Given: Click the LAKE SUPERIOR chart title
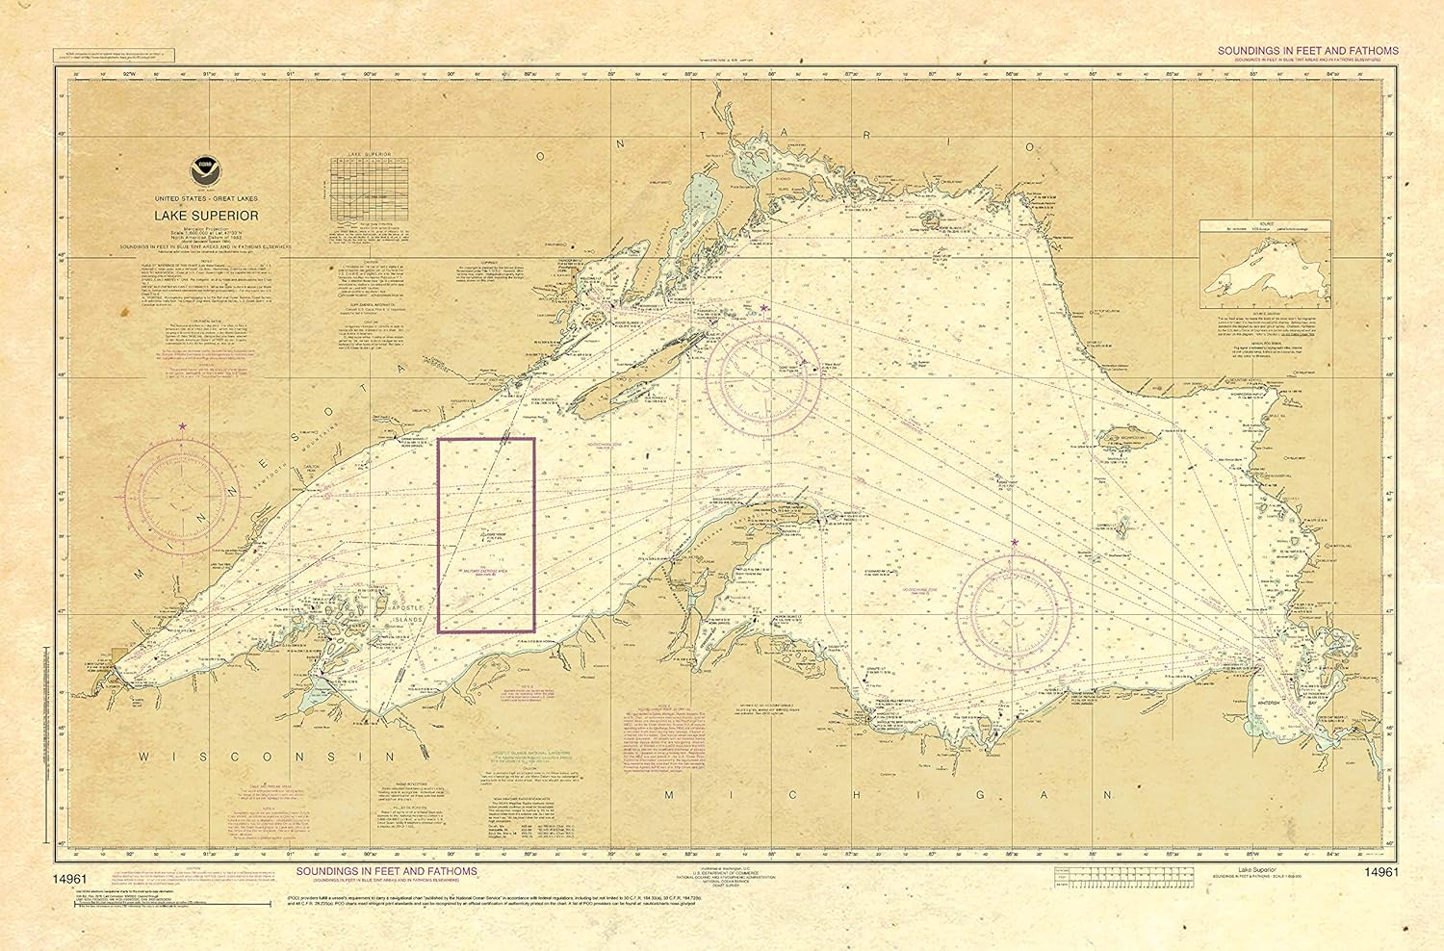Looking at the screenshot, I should (201, 216).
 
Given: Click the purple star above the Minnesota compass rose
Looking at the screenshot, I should (182, 425).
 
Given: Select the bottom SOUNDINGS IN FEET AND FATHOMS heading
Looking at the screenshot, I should (386, 871).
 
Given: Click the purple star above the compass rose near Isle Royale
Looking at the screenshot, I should (764, 308).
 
